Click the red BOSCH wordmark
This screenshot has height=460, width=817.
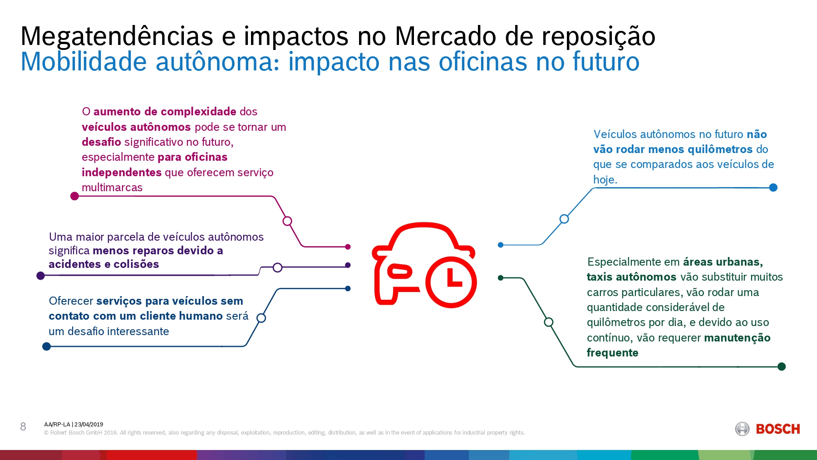(x=778, y=429)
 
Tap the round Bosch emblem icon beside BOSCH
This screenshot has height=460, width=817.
(x=742, y=429)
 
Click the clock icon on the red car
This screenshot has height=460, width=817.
(x=451, y=282)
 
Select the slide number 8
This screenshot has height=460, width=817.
(x=23, y=426)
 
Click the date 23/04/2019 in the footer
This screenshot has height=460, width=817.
(x=89, y=425)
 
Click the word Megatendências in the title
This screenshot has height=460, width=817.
(x=117, y=36)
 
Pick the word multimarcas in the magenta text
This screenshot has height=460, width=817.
(x=112, y=188)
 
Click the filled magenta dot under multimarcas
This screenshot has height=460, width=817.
(x=75, y=196)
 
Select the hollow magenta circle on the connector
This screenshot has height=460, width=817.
(x=287, y=221)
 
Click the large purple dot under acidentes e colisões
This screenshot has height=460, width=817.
(x=40, y=276)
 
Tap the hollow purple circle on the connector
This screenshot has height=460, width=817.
(x=278, y=267)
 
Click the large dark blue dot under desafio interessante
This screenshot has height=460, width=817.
(x=46, y=346)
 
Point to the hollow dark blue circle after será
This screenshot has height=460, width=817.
(x=261, y=318)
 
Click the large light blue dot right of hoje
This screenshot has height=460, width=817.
(x=773, y=188)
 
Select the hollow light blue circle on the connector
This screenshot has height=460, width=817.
(x=564, y=219)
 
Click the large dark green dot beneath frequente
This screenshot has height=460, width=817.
(x=782, y=366)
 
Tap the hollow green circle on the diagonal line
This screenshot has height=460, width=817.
(x=549, y=322)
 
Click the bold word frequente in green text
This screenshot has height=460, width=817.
(x=612, y=353)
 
